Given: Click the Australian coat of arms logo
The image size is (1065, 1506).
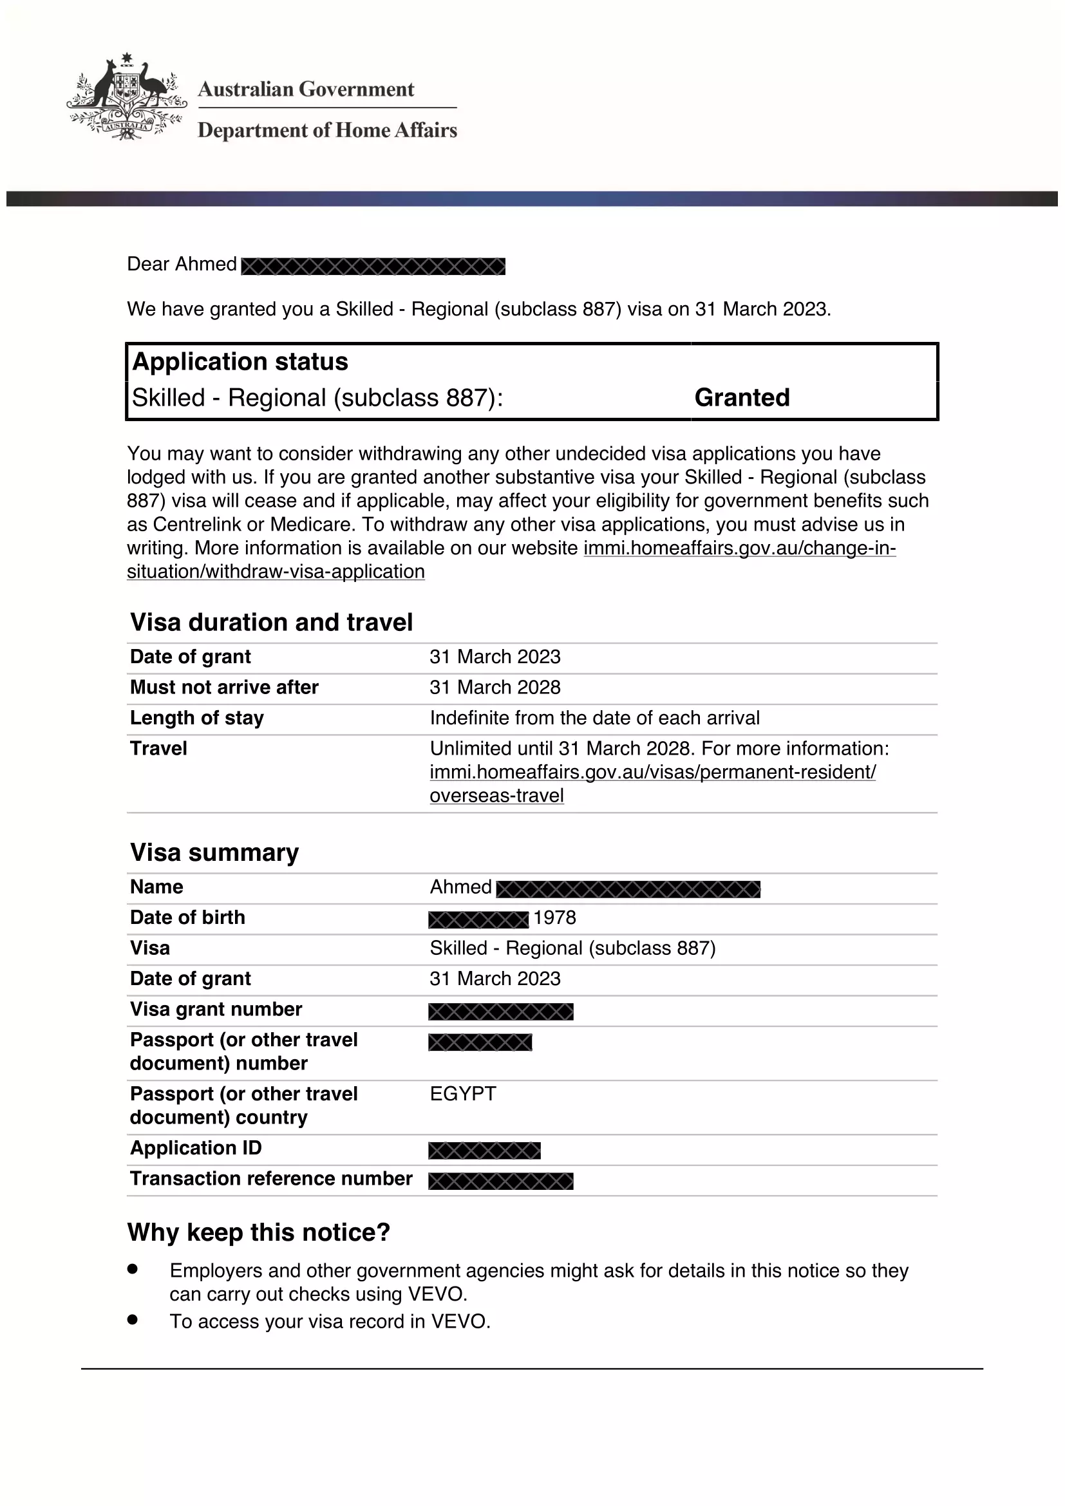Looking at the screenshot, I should pos(126,97).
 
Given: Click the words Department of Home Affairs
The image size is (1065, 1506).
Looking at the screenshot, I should pos(327,131).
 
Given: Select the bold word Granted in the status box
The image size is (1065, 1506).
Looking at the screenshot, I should pos(742,397).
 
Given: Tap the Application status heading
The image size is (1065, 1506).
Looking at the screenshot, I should pos(240,362).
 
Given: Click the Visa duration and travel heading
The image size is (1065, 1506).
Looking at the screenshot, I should pos(272,622).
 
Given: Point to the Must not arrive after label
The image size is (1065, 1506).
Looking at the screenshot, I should pos(224,688).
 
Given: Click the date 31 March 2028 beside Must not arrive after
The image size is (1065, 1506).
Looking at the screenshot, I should pos(495,688).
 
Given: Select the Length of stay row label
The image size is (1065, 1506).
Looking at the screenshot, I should pos(197,719).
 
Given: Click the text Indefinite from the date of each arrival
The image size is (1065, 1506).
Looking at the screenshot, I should pos(595,719).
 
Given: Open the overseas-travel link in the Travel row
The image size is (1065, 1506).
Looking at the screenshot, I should pos(496,796).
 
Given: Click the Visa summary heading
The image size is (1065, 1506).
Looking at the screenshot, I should pos(214,852).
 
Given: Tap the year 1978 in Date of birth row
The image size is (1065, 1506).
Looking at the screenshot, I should pos(555,918).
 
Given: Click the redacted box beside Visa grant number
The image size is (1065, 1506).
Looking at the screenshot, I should pos(501,1012).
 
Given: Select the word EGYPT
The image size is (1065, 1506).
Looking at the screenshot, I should pos(463,1094).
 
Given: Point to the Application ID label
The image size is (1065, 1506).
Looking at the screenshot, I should pos(196,1148).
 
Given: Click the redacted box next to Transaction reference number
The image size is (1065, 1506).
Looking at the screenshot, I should pos(501,1181).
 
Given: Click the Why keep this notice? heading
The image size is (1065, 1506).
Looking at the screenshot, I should pos(259,1232).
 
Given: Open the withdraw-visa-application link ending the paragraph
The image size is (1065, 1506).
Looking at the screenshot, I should pos(276,572).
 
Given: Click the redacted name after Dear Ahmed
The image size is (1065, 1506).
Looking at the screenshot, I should pos(373,267).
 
